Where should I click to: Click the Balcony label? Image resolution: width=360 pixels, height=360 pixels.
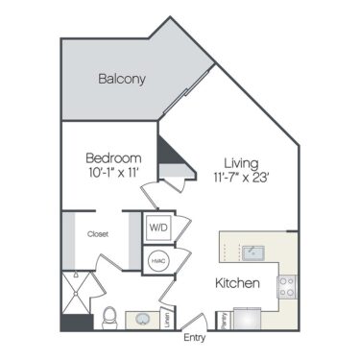tap(122, 79)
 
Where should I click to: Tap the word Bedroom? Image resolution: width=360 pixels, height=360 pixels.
tap(113, 157)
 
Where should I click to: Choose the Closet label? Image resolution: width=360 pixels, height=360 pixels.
tap(97, 233)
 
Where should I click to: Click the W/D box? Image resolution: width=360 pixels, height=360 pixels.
tap(157, 228)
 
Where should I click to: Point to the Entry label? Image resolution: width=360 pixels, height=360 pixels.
tap(195, 337)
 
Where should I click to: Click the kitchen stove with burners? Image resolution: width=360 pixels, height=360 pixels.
tap(286, 286)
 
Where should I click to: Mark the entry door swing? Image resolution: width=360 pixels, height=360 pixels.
tap(195, 323)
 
